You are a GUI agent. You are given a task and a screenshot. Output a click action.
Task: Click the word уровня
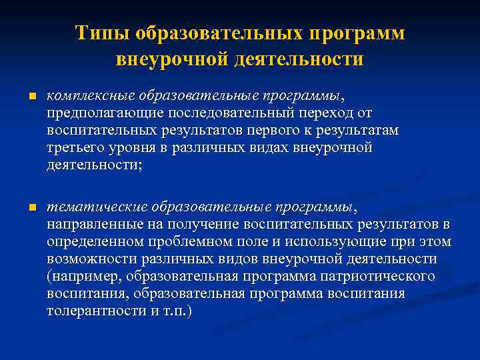(145, 147)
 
